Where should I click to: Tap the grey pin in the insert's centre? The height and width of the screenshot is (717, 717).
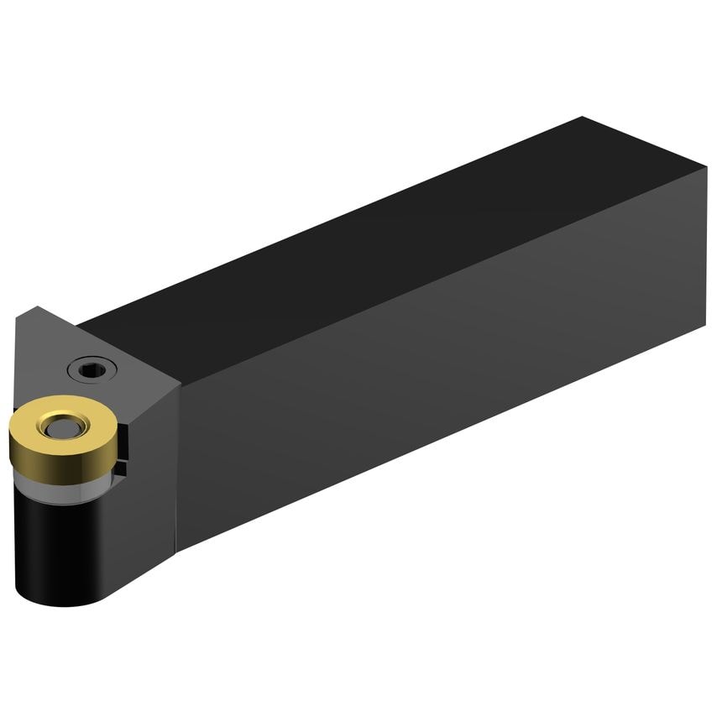click(x=60, y=429)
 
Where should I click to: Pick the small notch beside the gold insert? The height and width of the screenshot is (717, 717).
click(x=123, y=449)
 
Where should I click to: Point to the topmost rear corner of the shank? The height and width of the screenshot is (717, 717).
click(x=583, y=118)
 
